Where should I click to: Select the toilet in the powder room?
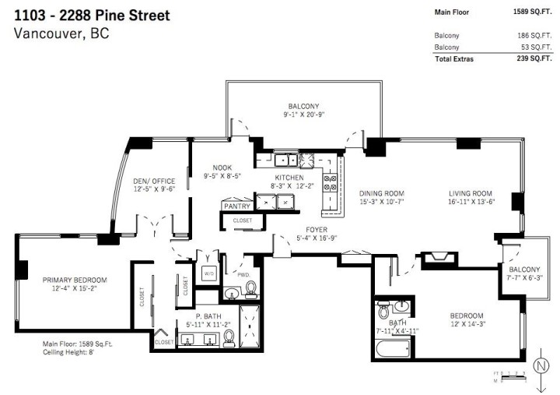[251, 290]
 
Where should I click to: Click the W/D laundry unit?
[208, 274]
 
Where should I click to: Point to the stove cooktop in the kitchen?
[330, 182]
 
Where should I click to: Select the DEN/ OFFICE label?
[154, 181]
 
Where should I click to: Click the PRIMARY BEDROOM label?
[75, 280]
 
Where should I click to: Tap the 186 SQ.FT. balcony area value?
[536, 35]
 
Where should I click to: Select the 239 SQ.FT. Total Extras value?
[536, 58]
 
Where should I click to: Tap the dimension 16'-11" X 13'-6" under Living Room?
[471, 203]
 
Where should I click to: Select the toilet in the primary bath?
[229, 337]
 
